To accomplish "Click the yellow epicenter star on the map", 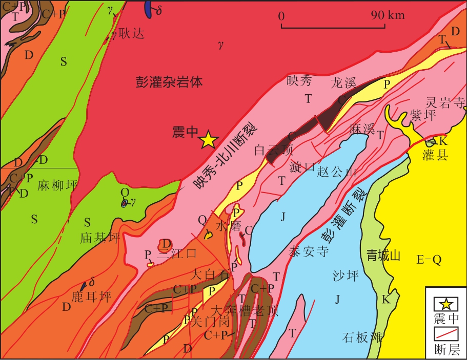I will coord(209,140).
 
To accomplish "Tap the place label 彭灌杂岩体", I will coord(169,81).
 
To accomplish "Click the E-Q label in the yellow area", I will coord(429,260).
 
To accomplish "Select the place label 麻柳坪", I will coord(57,186).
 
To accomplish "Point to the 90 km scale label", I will coord(389,15).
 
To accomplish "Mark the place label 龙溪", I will coord(343,82).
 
